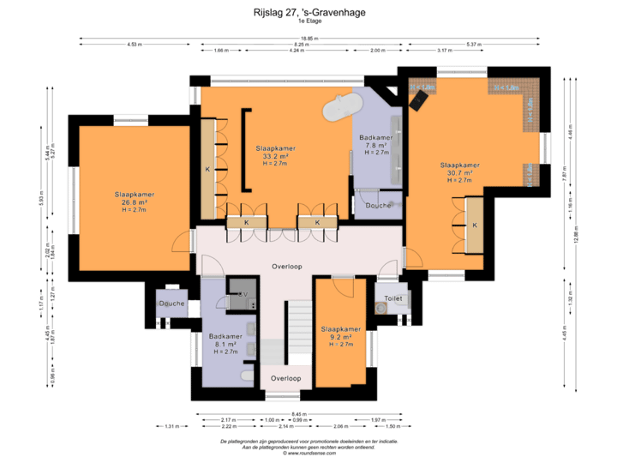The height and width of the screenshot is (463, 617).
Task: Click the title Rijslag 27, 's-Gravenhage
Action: click(x=308, y=13)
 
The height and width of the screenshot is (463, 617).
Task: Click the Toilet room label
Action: click(x=393, y=298)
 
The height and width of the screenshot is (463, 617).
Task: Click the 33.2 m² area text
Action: click(x=275, y=156)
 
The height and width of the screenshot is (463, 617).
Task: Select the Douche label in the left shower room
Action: click(x=171, y=303)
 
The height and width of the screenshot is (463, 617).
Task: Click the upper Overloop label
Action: click(x=287, y=266)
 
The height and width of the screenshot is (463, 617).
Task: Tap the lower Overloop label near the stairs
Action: click(x=286, y=377)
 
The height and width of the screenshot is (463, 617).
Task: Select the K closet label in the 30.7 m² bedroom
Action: click(x=474, y=225)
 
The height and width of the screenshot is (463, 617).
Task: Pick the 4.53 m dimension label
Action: click(x=134, y=44)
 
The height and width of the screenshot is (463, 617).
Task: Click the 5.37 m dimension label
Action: click(x=470, y=44)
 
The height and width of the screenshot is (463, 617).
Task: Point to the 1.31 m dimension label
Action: click(x=172, y=426)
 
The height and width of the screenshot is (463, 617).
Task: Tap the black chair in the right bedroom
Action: click(x=418, y=100)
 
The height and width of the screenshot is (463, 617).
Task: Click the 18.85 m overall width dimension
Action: click(x=309, y=38)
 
